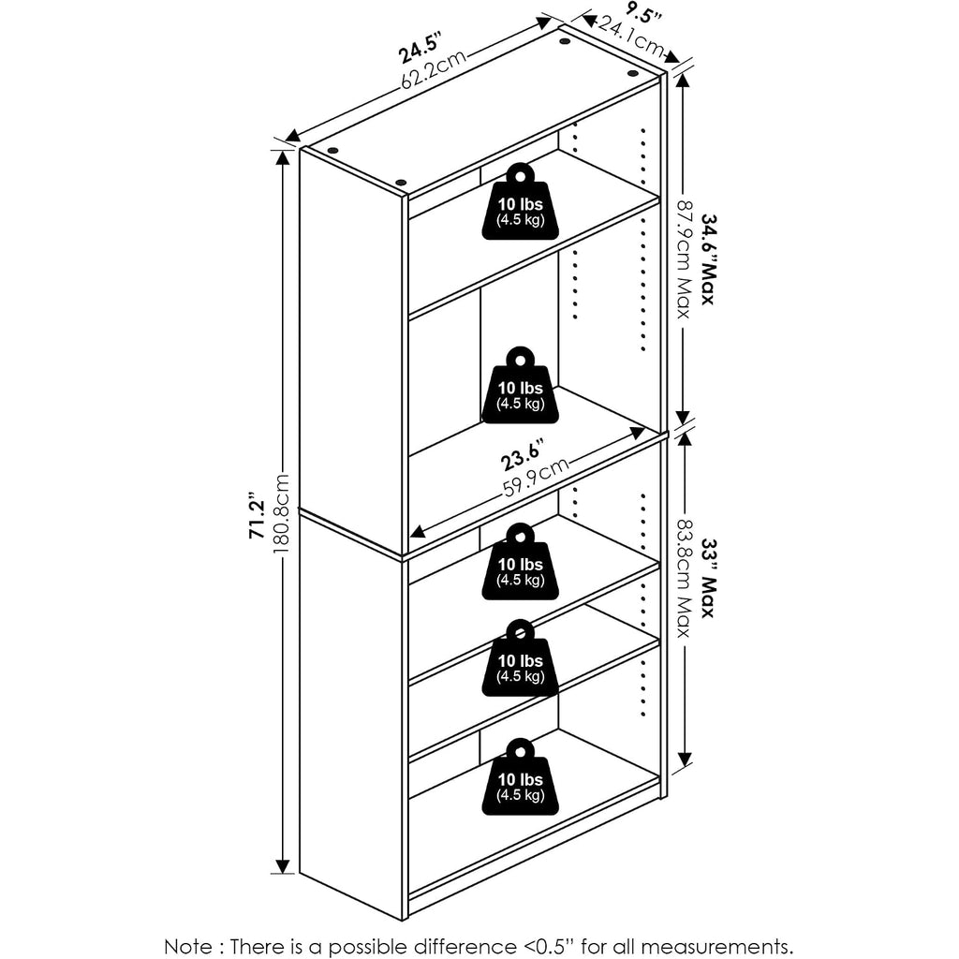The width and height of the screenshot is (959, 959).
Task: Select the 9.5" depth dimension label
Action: (x=644, y=11)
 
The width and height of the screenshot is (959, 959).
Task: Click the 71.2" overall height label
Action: (x=257, y=515)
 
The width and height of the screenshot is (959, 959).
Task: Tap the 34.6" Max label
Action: (x=708, y=259)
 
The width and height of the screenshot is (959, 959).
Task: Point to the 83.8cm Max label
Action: (x=684, y=579)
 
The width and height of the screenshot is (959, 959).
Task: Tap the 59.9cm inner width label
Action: (x=536, y=477)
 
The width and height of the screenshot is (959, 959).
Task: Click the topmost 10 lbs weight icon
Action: (x=520, y=201)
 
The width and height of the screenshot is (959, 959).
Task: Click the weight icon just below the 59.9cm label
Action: (x=520, y=562)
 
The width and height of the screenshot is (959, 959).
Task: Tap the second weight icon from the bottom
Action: (x=520, y=658)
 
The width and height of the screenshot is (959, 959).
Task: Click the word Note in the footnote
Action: (x=188, y=946)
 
